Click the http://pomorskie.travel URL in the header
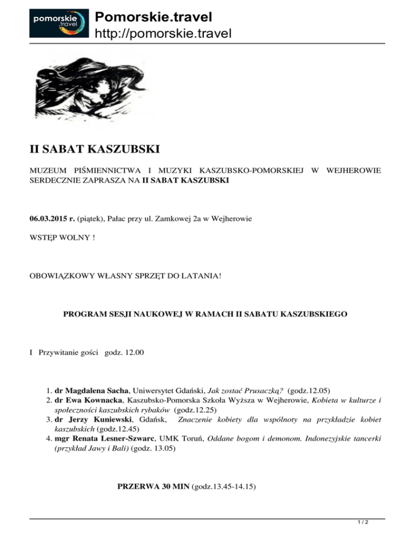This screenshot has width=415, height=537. (163, 34)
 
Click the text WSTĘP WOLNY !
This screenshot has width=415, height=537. (62, 237)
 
